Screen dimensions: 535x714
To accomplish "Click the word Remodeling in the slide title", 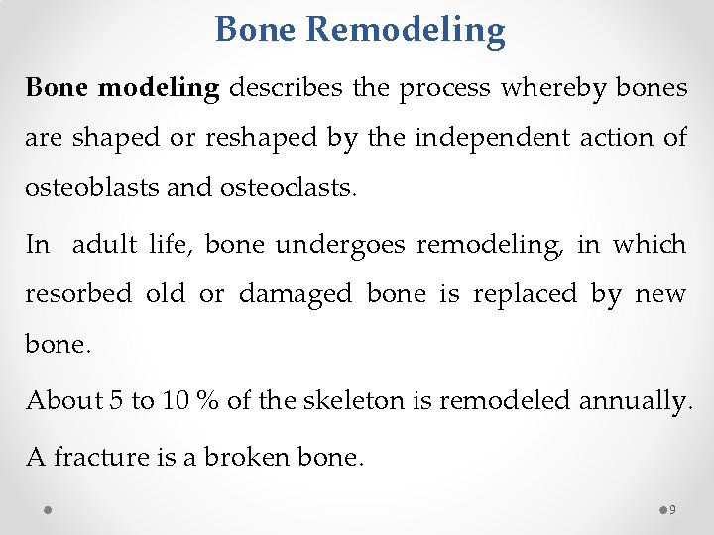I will pos(406,30).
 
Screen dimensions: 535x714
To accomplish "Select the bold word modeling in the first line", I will pos(160,87).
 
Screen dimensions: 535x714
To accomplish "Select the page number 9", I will pos(673,510).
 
